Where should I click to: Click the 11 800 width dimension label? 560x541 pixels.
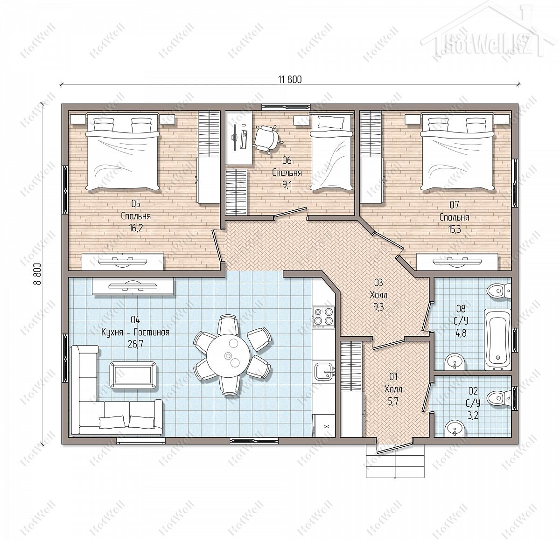coord(290,80)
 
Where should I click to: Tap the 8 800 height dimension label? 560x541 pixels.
coord(37,274)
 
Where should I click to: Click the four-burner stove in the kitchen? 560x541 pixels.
coord(324,316)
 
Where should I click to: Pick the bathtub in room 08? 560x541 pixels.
coord(497,340)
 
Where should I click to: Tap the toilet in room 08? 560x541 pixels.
coord(500,291)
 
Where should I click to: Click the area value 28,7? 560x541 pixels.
coord(135,345)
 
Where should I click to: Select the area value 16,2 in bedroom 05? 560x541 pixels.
coord(136,228)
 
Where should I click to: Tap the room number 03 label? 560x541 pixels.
coord(378,283)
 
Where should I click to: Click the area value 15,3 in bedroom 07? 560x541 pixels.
coord(455,229)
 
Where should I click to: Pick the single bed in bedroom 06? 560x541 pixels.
coord(331,152)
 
